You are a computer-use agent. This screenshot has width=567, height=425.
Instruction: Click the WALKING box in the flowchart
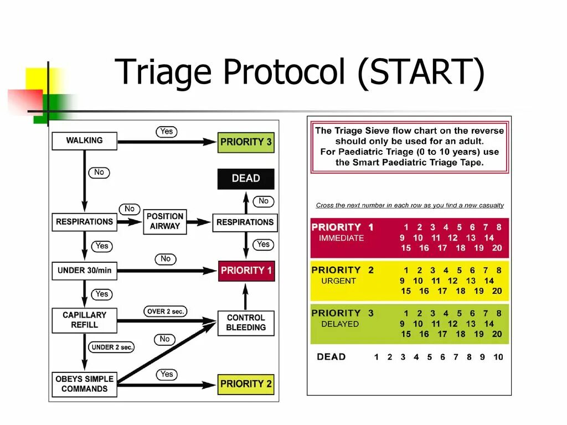[x=84, y=141]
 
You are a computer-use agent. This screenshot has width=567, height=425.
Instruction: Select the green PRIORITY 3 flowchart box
[x=246, y=142]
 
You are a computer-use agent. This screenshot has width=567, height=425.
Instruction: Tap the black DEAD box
[x=246, y=179]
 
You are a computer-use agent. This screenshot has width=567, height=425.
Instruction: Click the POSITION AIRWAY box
[x=165, y=221]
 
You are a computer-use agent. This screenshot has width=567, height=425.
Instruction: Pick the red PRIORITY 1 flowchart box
[x=246, y=271]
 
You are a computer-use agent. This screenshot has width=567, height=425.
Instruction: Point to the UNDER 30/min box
[x=84, y=271]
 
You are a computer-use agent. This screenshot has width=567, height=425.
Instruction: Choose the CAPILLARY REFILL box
[x=84, y=320]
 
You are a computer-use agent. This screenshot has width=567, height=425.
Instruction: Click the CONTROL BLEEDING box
[x=246, y=323]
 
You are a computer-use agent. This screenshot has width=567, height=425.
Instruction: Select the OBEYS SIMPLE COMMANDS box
[x=84, y=384]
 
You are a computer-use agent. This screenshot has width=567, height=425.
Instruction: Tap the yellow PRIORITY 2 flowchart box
[x=246, y=383]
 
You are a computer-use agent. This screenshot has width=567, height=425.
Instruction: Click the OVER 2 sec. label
[x=165, y=312]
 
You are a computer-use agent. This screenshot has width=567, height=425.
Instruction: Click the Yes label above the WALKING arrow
[x=166, y=132]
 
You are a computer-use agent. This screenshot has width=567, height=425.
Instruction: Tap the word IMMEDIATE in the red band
[x=341, y=238]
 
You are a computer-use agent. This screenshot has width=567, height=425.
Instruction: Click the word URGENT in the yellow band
[x=338, y=281]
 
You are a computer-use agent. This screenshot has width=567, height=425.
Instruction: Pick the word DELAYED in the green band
[x=340, y=324]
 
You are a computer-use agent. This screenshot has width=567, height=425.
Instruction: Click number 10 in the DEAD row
[x=498, y=357]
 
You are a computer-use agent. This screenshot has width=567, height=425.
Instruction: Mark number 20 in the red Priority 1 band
[x=497, y=248]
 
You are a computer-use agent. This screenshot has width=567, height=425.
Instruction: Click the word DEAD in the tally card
[x=331, y=357]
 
